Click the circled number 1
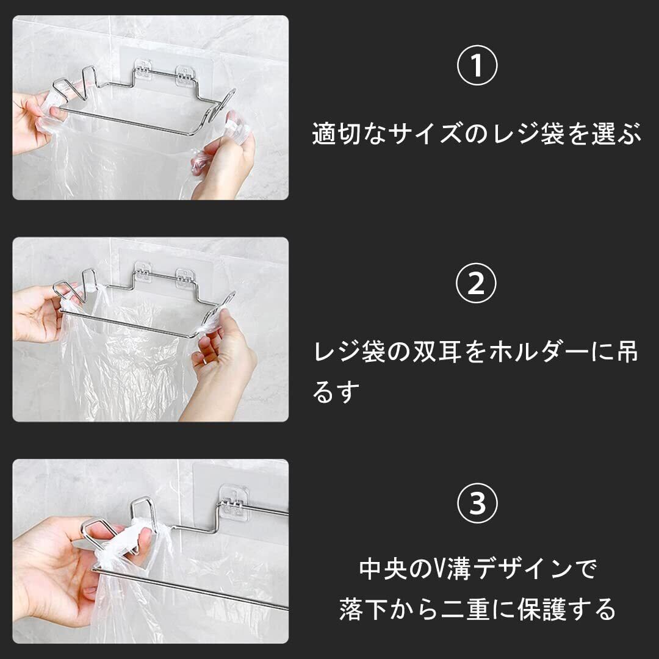pos(477,65)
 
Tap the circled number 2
pos(476,283)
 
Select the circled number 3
pos(477,503)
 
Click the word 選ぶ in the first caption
pos(616,134)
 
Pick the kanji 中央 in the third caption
pos(384,569)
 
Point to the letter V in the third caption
pos(441,569)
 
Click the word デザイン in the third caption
pos(522,569)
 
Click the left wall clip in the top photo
pos(142,71)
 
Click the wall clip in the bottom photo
pos(234,500)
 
